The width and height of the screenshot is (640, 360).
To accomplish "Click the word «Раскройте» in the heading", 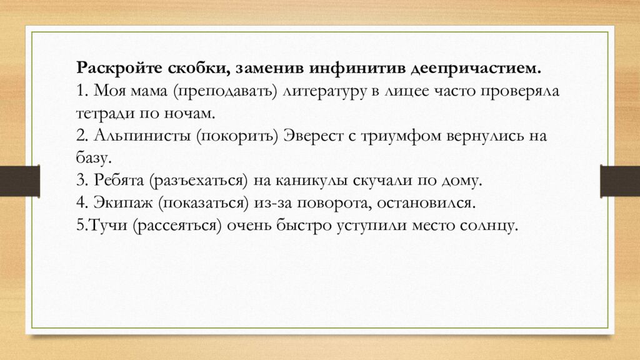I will (110, 67).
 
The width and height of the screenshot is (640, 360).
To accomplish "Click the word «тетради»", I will (102, 113).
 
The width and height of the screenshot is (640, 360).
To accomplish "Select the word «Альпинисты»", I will (142, 136).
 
